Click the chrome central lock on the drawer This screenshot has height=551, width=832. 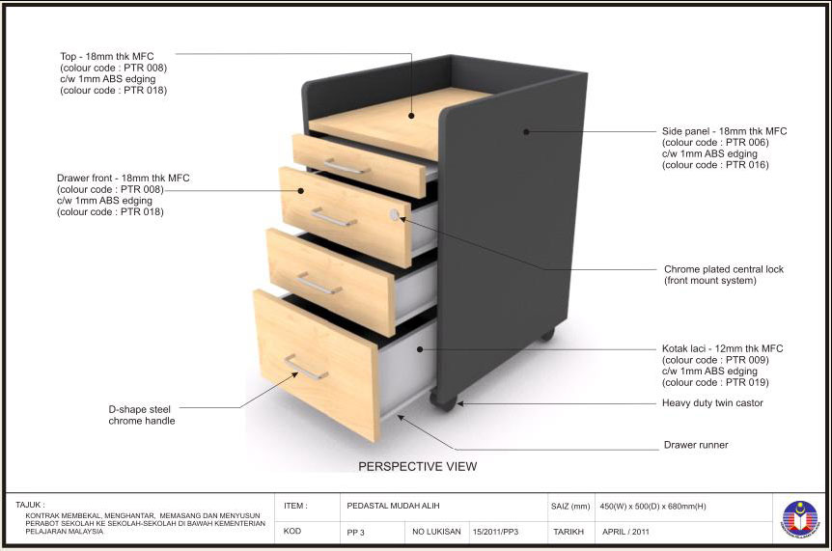point(394,215)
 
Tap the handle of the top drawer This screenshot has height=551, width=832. point(347,167)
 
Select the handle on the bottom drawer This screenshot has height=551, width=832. point(306,367)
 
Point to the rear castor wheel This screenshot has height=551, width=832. point(547,334)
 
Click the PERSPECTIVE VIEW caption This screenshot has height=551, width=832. point(418,467)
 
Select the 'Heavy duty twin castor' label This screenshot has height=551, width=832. point(712,403)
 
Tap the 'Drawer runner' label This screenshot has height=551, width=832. point(696,445)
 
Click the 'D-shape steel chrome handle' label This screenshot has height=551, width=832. point(142,415)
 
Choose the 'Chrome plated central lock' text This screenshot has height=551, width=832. point(724,269)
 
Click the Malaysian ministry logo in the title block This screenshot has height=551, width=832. point(799,517)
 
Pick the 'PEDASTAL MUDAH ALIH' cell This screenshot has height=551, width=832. point(393,506)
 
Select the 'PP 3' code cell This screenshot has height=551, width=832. point(355,532)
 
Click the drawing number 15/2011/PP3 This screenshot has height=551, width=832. point(495,532)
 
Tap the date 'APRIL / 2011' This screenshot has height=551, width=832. point(625,532)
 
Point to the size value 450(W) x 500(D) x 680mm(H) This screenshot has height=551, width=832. point(652,507)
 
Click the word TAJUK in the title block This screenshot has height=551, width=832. point(30,505)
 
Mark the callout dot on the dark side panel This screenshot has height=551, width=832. point(526,131)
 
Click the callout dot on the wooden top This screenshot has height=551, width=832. point(411,115)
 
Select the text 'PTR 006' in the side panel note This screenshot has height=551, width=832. point(747,142)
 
